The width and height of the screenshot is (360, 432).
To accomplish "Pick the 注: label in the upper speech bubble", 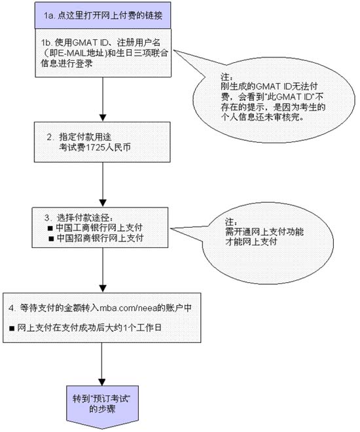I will [225, 77].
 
